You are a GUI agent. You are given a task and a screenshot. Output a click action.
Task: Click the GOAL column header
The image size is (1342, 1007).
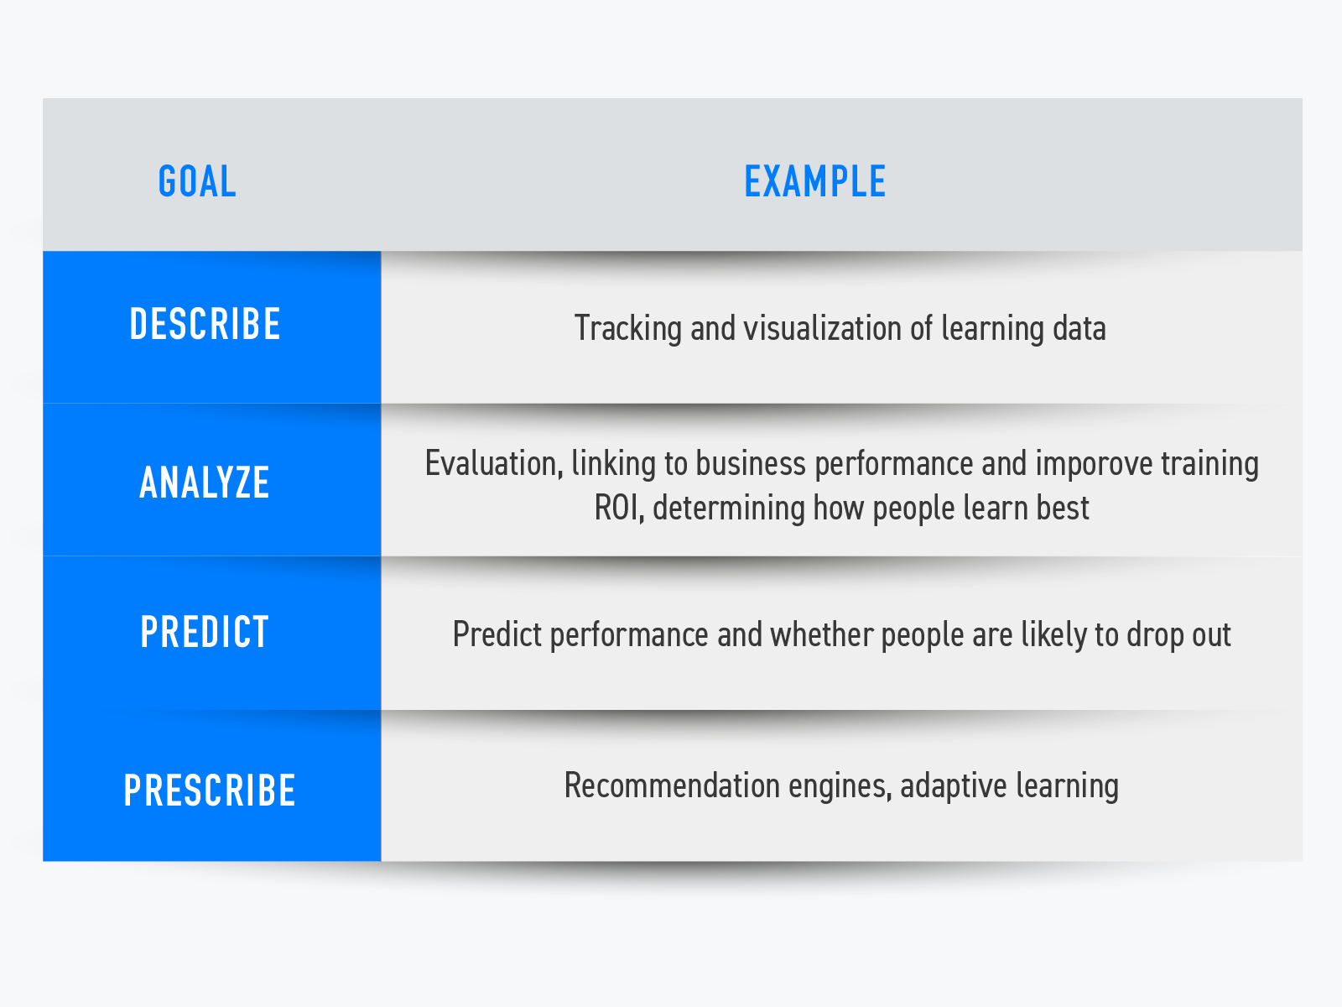click(197, 181)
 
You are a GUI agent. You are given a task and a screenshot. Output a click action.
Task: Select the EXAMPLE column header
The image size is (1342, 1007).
click(815, 181)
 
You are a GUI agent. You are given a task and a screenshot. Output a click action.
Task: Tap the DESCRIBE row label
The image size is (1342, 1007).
click(205, 324)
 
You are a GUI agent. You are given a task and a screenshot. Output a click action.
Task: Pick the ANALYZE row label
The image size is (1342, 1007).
click(204, 483)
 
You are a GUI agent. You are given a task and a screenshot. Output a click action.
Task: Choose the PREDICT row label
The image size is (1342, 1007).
click(204, 632)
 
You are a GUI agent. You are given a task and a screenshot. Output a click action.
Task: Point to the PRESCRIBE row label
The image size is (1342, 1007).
click(209, 790)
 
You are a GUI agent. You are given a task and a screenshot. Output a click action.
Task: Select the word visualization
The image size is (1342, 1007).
click(822, 328)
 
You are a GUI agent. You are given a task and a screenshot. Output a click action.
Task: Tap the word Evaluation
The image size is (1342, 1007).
click(494, 464)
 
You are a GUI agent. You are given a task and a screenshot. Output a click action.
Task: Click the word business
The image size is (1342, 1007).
click(751, 463)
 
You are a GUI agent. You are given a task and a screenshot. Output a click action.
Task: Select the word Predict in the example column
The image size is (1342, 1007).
click(497, 634)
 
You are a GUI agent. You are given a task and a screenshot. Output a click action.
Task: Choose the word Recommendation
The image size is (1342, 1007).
click(672, 785)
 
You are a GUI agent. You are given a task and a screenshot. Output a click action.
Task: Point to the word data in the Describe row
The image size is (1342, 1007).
click(1079, 328)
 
